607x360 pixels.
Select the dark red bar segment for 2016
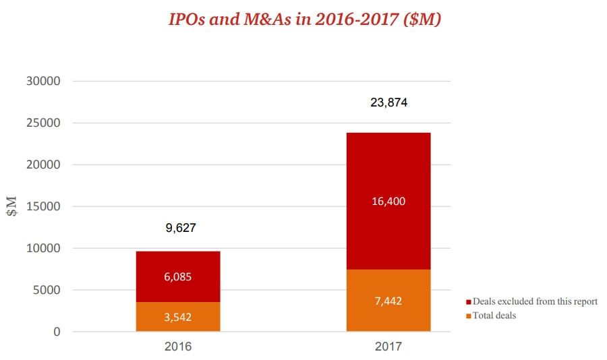coord(178,263)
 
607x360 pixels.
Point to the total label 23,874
coord(388,103)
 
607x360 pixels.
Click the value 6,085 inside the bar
coord(178,277)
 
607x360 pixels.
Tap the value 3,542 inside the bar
coord(178,317)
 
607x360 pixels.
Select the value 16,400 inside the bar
coord(388,201)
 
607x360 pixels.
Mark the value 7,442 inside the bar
coord(388,301)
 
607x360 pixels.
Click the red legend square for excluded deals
coord(468,302)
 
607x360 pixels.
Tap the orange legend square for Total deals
coord(468,315)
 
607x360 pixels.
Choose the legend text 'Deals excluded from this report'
coord(535,302)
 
